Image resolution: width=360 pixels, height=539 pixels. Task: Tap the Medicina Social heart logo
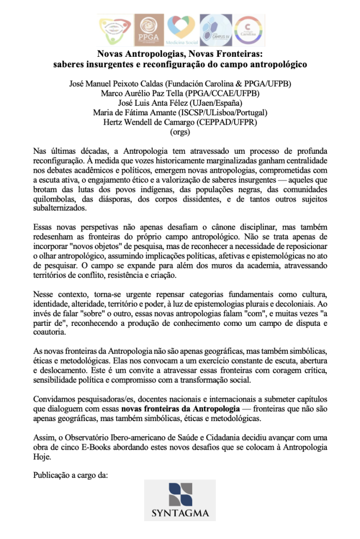click(x=181, y=30)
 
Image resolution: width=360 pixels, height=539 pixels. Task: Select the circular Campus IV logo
click(x=215, y=30)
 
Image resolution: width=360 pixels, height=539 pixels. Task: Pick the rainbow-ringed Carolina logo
click(x=248, y=30)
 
